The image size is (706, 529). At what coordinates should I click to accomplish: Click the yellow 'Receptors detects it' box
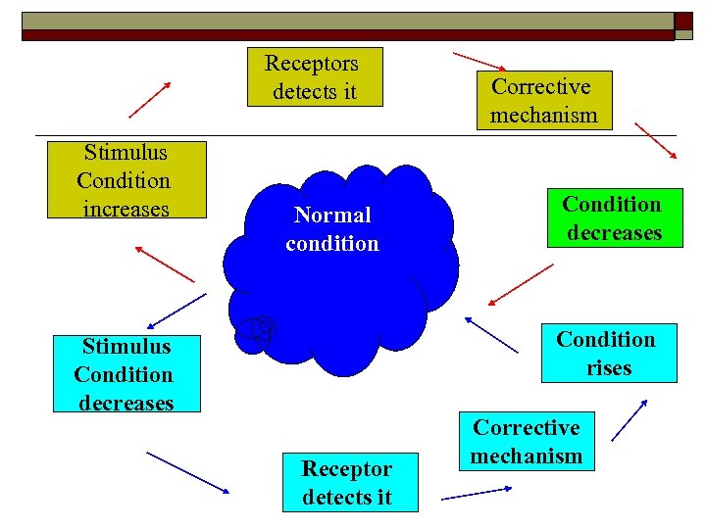(314, 77)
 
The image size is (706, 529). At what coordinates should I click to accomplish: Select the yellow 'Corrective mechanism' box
(544, 101)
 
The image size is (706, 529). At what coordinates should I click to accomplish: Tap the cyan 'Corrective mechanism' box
(527, 442)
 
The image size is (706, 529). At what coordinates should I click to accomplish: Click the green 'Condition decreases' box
(613, 218)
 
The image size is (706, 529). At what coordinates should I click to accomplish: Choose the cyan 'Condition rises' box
(608, 353)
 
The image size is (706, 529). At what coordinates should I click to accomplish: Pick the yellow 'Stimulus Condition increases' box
(126, 180)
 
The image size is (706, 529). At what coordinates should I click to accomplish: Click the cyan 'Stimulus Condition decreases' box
(126, 374)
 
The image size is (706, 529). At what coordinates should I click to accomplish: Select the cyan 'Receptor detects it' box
(347, 482)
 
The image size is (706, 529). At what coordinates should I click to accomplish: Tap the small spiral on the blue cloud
(259, 332)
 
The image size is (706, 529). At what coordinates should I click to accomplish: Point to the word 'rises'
(609, 368)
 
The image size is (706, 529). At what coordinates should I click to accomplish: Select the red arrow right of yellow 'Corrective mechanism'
(655, 140)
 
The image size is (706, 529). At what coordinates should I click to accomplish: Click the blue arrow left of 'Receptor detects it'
(188, 473)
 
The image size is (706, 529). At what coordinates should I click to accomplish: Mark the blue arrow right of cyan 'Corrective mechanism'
(630, 419)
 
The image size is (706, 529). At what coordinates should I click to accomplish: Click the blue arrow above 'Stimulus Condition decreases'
(176, 310)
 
